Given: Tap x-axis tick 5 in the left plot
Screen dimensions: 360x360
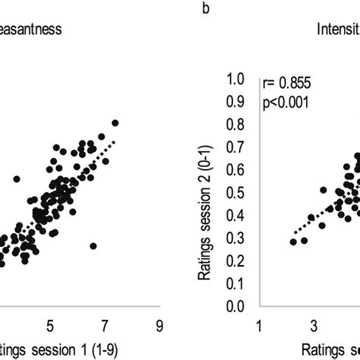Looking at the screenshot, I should pos(51,325).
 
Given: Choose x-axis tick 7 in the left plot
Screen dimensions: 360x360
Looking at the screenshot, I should pos(105,325).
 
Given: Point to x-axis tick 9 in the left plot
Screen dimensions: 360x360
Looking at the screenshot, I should pos(159,325).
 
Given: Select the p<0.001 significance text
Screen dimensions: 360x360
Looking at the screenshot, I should pos(286,101).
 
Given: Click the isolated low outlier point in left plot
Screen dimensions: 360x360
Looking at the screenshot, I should pos(93,246).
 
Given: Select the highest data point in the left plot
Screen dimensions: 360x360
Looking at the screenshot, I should pos(115,122).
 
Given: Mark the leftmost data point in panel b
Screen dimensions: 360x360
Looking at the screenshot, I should pos(294,242).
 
